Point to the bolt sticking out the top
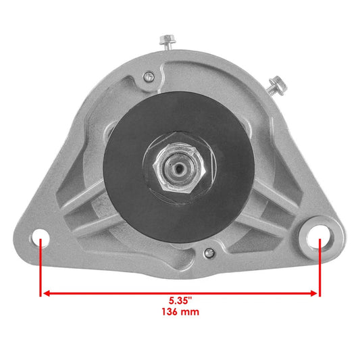pos(165,42)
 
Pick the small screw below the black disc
pos(209,255)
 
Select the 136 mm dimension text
pos(180,313)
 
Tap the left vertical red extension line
pos(41,270)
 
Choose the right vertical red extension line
pos(318,270)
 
